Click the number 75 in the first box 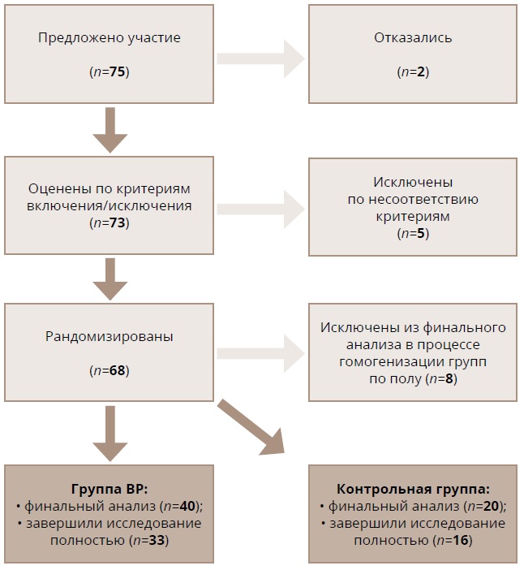coord(117,72)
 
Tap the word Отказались coord(413,38)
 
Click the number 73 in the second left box coord(117,222)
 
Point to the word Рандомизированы coord(109,335)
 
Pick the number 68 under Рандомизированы coord(117,370)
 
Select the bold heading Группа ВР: coord(109,489)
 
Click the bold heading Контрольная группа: coord(413,489)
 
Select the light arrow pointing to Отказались coord(260,58)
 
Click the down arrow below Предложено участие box coord(110,130)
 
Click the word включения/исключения coord(109,205)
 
